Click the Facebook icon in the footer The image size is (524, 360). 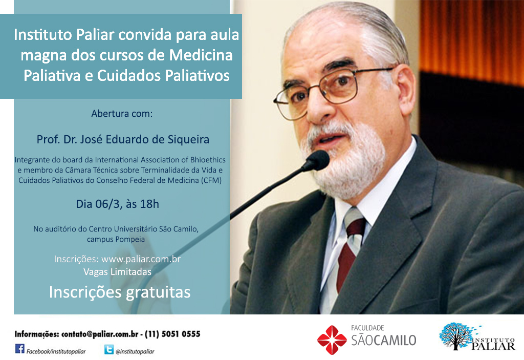pos(20,349)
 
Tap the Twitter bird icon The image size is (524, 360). pos(109,350)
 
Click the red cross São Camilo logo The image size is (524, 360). pos(332,340)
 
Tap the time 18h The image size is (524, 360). pos(149,204)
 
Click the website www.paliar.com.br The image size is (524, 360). pos(141,259)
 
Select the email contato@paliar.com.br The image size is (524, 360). pos(100,334)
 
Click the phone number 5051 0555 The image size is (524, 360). pos(181,334)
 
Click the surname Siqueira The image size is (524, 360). pos(191,139)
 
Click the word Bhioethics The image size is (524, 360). pos(208,160)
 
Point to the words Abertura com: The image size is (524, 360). pos(122,114)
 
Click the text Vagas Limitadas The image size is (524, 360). pos(117,272)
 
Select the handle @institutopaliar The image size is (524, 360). pos(135,351)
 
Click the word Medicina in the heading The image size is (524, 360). pos(201,55)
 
